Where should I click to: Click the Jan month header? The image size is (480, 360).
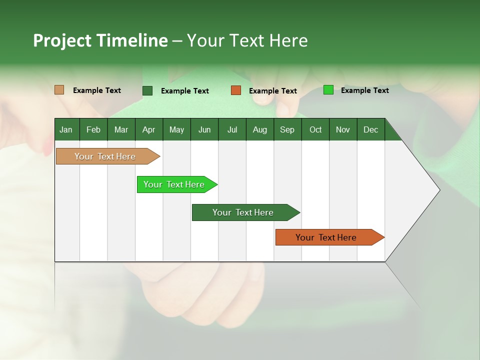(x=66, y=129)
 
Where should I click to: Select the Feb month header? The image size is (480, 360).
(x=93, y=129)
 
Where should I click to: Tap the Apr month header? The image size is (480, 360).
(x=148, y=129)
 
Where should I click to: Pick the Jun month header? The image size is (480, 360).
(x=204, y=129)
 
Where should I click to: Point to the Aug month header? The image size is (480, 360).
(x=259, y=129)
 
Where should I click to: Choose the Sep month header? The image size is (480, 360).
(x=287, y=129)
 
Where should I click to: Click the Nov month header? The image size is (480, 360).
(x=342, y=129)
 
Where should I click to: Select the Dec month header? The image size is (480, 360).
(x=370, y=129)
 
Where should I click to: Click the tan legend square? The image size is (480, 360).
(x=59, y=90)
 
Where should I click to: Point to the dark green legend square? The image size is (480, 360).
(x=147, y=90)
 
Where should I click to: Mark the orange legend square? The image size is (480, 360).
(x=236, y=90)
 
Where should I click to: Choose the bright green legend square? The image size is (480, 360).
(x=328, y=90)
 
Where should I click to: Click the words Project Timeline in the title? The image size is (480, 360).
(x=100, y=40)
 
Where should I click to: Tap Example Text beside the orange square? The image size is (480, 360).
(x=272, y=91)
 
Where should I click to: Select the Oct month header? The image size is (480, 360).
(x=315, y=129)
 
